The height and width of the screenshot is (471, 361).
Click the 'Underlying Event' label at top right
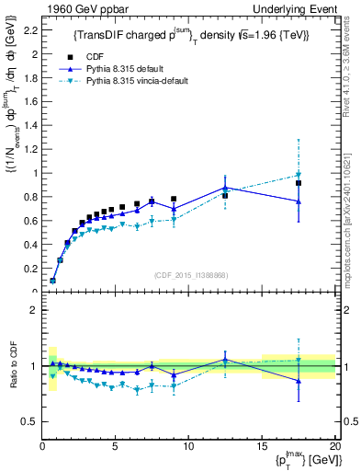click(296, 8)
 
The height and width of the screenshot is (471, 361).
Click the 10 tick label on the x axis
click(188, 447)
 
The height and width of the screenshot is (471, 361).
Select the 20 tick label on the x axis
click(333, 447)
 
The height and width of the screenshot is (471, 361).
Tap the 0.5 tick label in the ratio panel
click(28, 421)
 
